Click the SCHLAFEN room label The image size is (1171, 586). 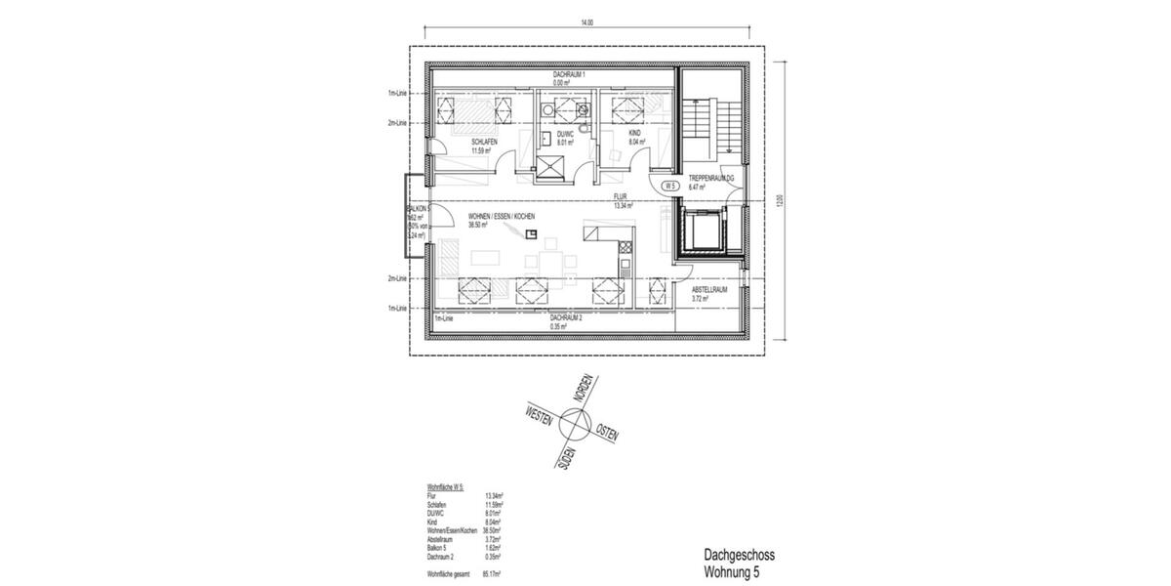pyautogui.click(x=485, y=142)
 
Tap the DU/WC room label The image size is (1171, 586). pyautogui.click(x=566, y=135)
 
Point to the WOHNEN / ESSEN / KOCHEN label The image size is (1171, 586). pyautogui.click(x=501, y=216)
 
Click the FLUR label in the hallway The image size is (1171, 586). pyautogui.click(x=622, y=196)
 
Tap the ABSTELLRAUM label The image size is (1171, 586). pyautogui.click(x=711, y=290)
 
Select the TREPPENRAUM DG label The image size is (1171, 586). pyautogui.click(x=711, y=178)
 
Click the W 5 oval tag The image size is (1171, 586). pyautogui.click(x=670, y=185)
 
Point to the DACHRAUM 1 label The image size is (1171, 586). pyautogui.click(x=568, y=74)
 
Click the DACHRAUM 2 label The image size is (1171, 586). pyautogui.click(x=565, y=318)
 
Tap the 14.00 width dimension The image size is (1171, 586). pyautogui.click(x=586, y=21)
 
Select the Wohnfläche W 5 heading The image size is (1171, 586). pyautogui.click(x=445, y=485)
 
